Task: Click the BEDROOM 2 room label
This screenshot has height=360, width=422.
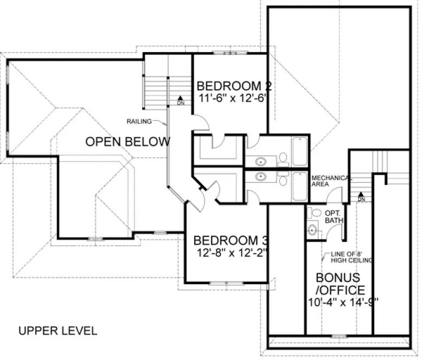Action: [x=234, y=86]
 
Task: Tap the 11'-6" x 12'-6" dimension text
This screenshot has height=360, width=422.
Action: [x=234, y=98]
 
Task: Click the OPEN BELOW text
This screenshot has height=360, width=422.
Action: [x=128, y=142]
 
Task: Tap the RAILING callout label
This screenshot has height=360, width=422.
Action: [x=139, y=121]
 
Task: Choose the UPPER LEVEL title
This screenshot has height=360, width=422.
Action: [x=57, y=330]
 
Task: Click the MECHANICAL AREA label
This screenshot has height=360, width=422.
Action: [x=331, y=181]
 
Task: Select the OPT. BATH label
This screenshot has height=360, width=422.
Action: [x=332, y=217]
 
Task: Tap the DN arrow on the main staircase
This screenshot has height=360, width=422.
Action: [x=181, y=101]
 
